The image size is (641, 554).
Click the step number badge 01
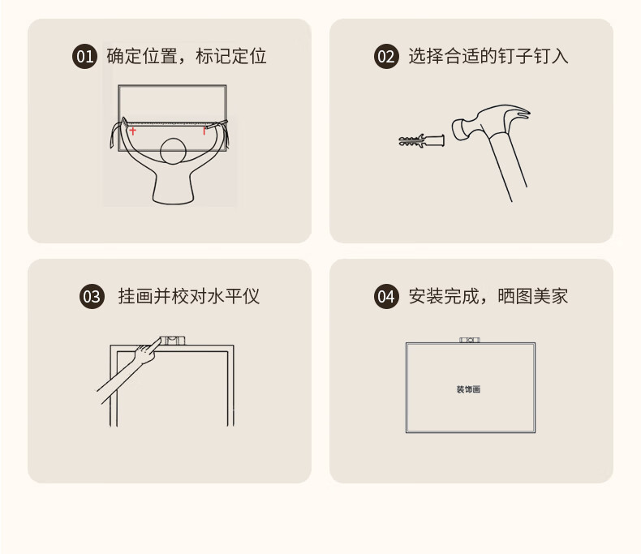(84, 57)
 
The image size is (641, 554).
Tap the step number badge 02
(386, 57)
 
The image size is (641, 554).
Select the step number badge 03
(92, 297)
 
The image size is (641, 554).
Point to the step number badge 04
(386, 297)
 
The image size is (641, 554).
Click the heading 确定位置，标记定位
(187, 57)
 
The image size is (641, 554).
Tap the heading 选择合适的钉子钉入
(488, 57)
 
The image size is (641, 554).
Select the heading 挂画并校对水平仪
(189, 297)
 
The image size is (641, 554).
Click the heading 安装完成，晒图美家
(488, 297)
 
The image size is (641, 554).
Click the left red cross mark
(132, 131)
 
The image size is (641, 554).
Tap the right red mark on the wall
(204, 131)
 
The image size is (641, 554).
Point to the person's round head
(173, 151)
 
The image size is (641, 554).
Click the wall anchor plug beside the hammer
(421, 140)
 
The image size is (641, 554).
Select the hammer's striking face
(457, 130)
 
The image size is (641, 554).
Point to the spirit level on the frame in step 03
(172, 341)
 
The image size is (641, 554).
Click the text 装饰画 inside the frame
(468, 389)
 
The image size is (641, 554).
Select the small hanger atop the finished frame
(470, 340)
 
